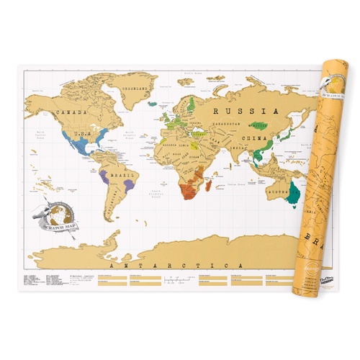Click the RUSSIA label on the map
(244, 112)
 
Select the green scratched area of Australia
(293, 193)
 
